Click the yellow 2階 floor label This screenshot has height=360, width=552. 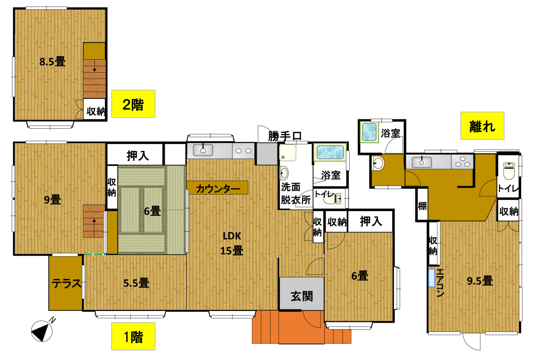click(133, 104)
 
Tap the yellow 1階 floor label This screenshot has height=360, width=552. click(133, 337)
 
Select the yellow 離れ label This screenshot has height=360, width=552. click(482, 126)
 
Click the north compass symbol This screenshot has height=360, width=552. click(42, 331)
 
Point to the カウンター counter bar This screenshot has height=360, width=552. click(217, 188)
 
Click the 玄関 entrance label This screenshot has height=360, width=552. click(302, 296)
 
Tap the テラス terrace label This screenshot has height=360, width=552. click(66, 283)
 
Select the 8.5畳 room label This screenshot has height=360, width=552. click(52, 62)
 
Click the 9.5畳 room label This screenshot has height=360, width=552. click(480, 281)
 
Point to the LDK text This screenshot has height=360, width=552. click(232, 236)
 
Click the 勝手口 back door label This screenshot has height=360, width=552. click(285, 136)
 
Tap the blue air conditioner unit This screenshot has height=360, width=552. click(431, 278)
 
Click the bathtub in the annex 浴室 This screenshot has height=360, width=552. click(369, 132)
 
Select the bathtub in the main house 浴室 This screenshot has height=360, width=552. click(330, 152)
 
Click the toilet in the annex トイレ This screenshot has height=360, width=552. click(509, 171)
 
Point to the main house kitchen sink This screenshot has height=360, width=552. click(203, 150)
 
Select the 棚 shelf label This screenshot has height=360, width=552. click(422, 206)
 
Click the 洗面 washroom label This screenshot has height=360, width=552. click(291, 188)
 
